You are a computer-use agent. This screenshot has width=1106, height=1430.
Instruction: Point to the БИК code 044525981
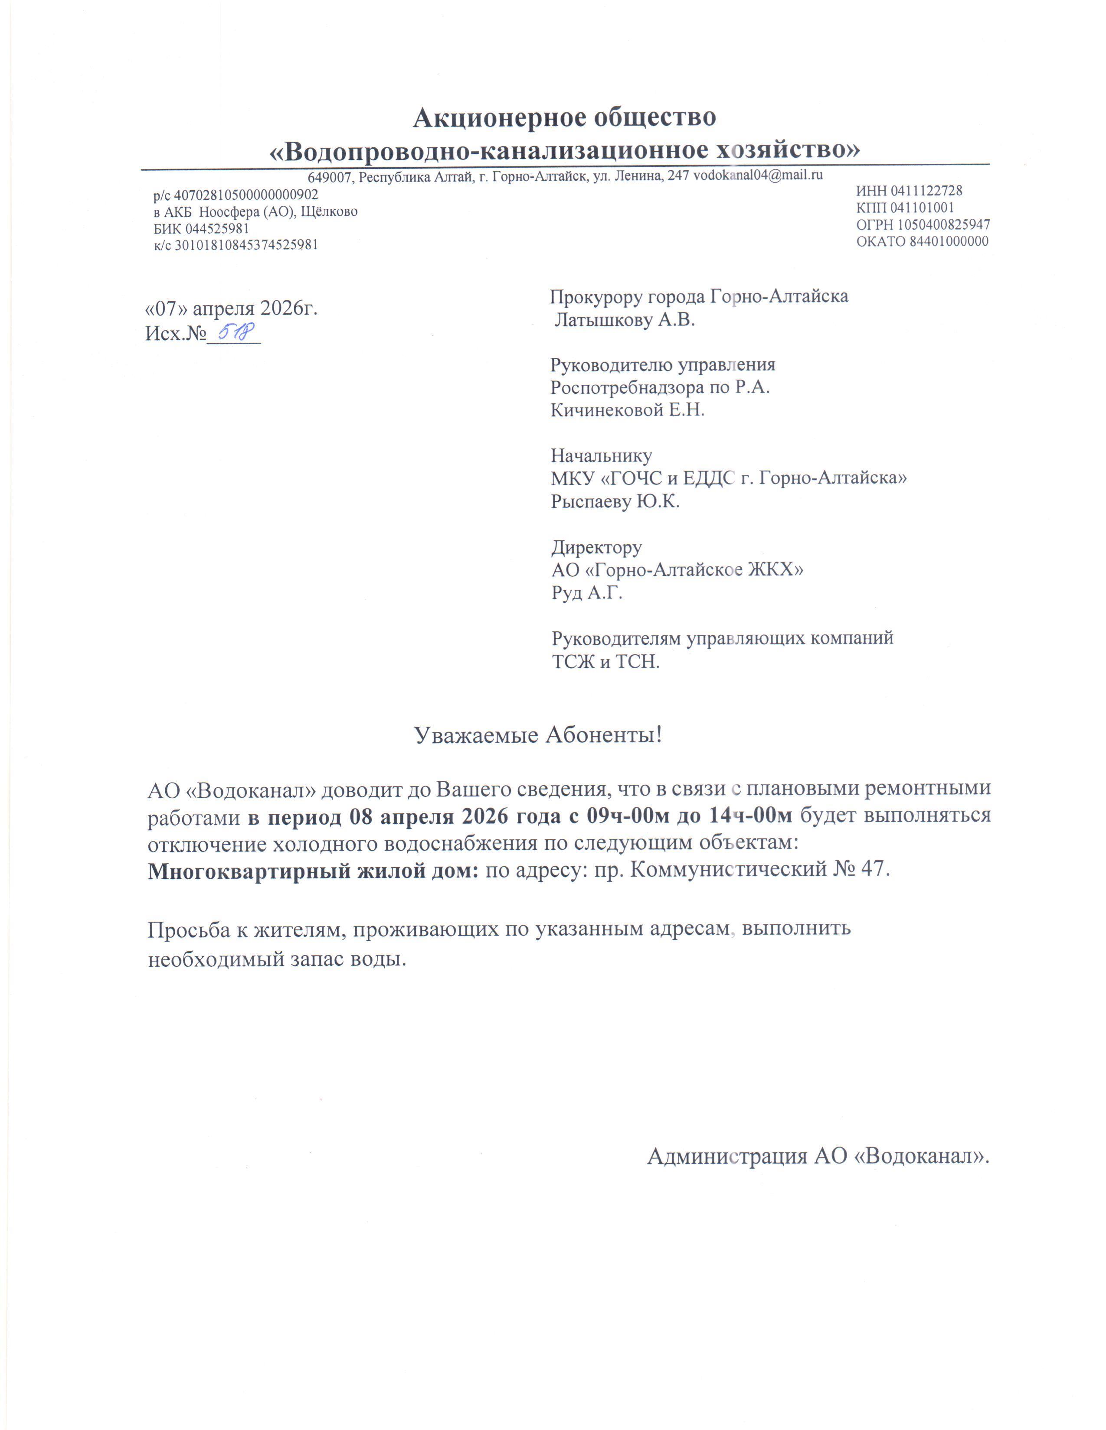tap(217, 228)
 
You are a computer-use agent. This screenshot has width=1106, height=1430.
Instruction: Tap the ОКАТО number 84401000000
tap(948, 241)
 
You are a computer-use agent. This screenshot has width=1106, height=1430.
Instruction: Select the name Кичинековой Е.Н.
tap(627, 410)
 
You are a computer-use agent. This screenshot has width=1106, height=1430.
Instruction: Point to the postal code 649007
tap(330, 177)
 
